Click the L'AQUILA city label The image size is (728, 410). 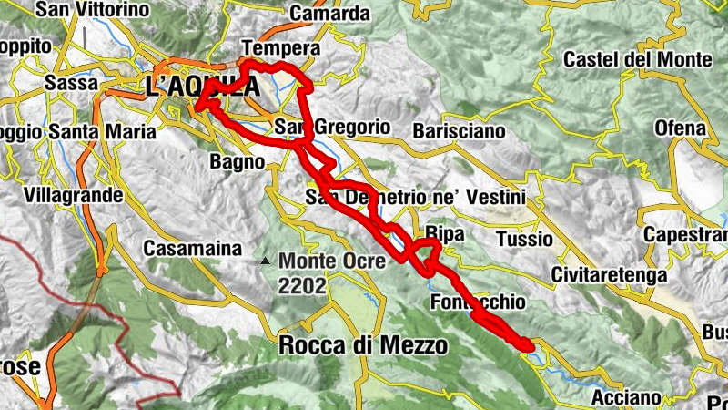point(202,87)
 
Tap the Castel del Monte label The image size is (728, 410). point(637,60)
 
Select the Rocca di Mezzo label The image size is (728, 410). point(362,346)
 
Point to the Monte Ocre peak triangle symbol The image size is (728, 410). point(265,261)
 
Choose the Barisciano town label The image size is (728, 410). point(459,131)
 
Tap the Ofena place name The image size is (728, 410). point(680,128)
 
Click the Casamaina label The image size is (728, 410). point(193,248)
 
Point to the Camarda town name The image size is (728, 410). point(329,13)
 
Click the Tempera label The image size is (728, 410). point(282,48)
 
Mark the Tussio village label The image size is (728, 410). point(525,240)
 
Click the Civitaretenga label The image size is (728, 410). point(610,274)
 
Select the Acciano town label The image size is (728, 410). point(625,397)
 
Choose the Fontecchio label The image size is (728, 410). point(480,302)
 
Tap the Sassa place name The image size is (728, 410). point(71,83)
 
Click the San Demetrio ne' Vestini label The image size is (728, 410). point(416,198)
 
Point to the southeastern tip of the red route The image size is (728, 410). point(527,344)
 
